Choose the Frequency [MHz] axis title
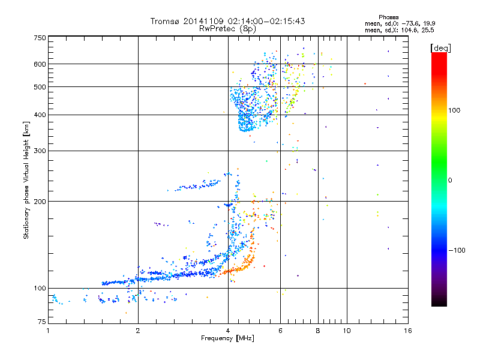[227, 338]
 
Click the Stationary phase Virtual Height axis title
[26, 180]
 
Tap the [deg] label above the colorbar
[441, 47]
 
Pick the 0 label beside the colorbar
[451, 180]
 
